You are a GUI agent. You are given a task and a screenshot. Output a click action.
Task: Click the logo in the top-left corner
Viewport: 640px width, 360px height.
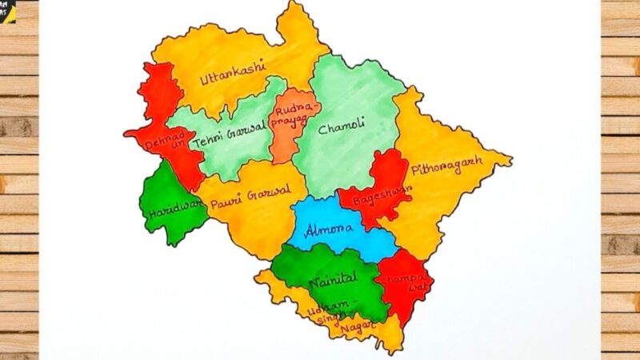(x=7, y=10)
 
